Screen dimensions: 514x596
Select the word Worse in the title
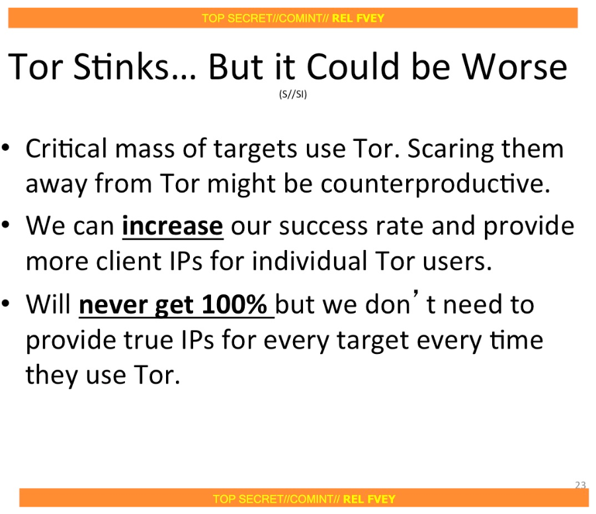click(514, 67)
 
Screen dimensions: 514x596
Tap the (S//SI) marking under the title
click(293, 94)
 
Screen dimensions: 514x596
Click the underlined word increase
click(173, 226)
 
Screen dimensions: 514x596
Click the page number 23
click(580, 485)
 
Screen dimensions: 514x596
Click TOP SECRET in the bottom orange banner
click(243, 499)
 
